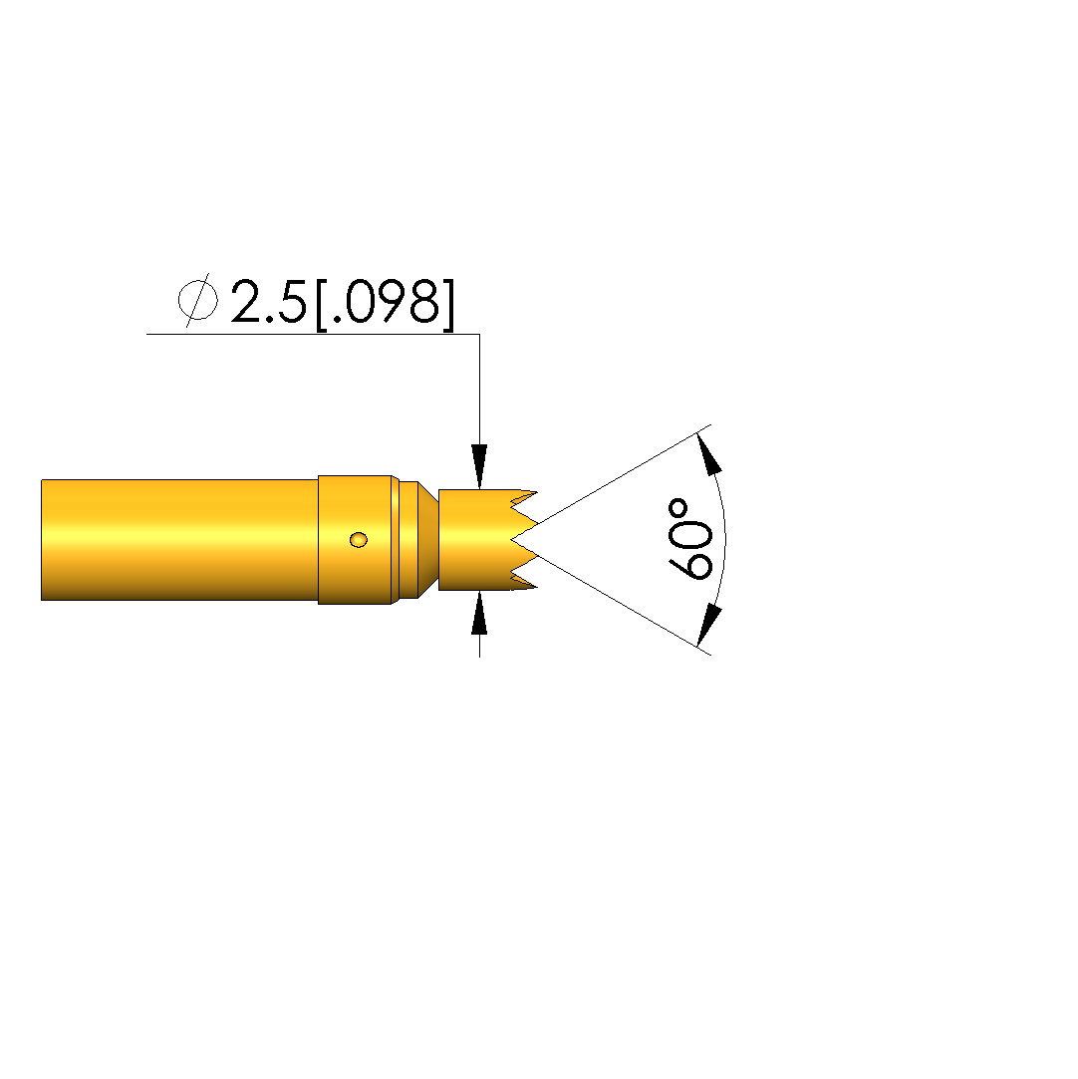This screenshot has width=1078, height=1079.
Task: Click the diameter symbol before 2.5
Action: point(198,299)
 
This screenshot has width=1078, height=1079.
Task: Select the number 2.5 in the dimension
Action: point(268,302)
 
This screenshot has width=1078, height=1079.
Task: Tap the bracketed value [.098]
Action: point(386,304)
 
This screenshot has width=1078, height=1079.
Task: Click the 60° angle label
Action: point(690,539)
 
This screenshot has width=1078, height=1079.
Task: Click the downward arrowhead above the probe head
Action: point(479,466)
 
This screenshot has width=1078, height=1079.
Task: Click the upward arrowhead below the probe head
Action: point(479,613)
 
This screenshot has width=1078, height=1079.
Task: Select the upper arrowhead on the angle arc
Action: point(709,452)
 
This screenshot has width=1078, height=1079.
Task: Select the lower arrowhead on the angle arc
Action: point(709,626)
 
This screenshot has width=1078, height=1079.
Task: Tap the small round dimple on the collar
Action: point(359,540)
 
